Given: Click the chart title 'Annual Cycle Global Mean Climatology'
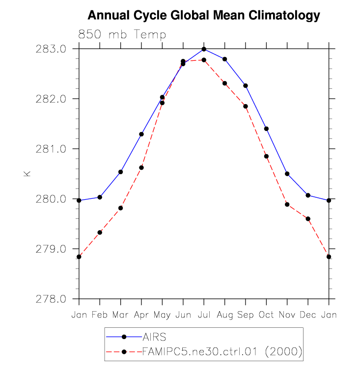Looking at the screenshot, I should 203,16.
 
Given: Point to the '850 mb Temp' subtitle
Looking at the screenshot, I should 122,35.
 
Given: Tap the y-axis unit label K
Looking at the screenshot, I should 28,173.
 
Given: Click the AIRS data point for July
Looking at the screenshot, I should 204,49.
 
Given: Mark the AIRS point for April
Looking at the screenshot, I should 141,134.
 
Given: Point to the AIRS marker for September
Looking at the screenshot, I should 246,86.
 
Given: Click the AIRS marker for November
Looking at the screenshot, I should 287,174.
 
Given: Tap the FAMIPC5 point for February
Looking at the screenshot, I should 100,232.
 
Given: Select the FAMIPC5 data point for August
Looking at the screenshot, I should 225,83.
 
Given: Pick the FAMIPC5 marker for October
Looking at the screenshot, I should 266,156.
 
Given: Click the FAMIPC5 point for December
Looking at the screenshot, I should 308,219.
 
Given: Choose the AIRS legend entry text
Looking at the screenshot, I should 155,337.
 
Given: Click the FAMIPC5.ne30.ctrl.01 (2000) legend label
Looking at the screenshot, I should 222,351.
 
